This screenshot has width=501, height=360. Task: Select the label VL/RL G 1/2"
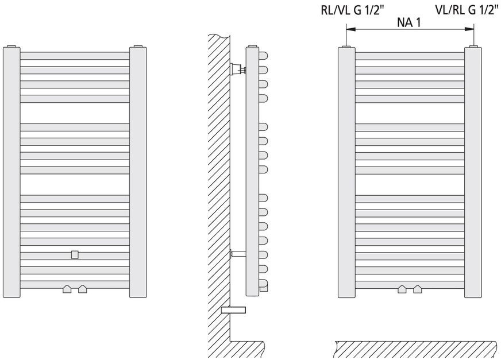pos(467,11)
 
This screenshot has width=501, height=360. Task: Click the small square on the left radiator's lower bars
pos(75,254)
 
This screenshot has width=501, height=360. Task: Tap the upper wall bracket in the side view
pos(236,70)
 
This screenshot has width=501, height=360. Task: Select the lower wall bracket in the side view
pos(236,253)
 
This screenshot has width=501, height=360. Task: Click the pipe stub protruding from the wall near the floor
pos(234,310)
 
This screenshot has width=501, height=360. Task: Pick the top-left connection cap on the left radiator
pos(11,45)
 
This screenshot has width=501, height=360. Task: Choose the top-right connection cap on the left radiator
pos(138,45)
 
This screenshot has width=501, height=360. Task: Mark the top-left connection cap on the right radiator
pos(346,45)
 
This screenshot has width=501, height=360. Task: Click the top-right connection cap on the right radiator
pos(472,45)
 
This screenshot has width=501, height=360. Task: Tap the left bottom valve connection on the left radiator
pos(67,289)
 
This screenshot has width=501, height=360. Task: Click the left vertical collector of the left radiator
pos(11,172)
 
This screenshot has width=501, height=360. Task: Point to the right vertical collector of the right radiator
pos(472,172)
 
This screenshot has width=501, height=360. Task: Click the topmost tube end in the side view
pos(264,56)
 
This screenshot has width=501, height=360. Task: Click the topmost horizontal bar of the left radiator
pos(75,56)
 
